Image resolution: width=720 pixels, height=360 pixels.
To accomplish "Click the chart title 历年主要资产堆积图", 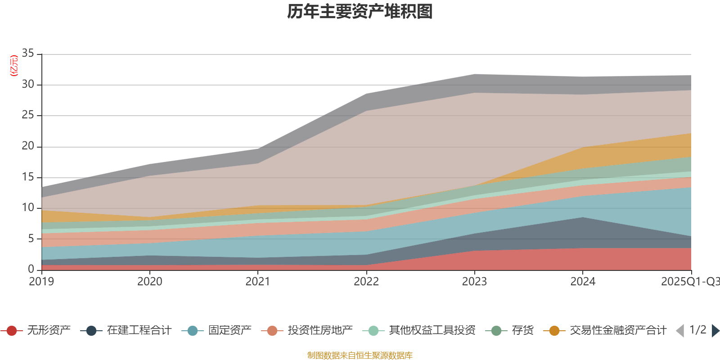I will [360, 12].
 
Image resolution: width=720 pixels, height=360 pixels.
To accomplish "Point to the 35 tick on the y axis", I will [28, 54].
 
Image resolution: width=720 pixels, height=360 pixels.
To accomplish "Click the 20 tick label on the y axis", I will [28, 146].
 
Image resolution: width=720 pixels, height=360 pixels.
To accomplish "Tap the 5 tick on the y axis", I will [31, 238].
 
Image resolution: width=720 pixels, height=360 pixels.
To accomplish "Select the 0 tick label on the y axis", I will [31, 269].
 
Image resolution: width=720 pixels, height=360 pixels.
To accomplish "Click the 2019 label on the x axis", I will [41, 282].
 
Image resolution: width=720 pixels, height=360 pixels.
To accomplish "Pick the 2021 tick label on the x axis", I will [258, 282].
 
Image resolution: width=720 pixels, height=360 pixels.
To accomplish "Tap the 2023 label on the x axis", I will [474, 282].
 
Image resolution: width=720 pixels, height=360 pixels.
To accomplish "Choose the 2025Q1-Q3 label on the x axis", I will [689, 282].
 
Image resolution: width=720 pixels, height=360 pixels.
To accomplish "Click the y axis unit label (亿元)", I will [14, 66].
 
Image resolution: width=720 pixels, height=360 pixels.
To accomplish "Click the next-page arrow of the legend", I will [715, 331].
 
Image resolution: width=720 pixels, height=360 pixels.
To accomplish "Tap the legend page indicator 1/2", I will [697, 330].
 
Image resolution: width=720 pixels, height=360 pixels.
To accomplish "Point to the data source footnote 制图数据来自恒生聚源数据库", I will [360, 355].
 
